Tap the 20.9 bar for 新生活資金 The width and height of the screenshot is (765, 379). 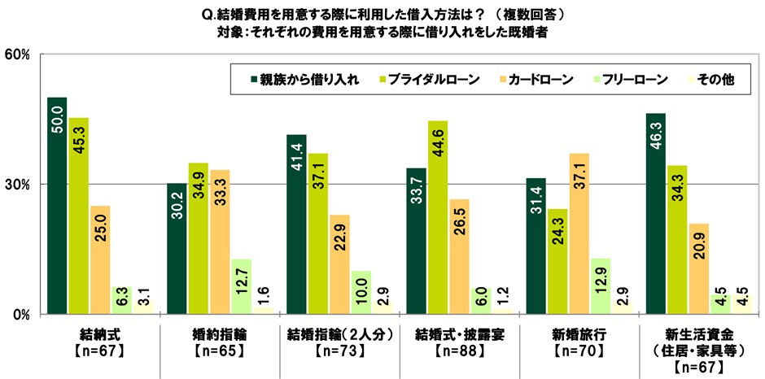pyautogui.click(x=698, y=268)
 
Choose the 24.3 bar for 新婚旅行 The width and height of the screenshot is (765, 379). pyautogui.click(x=557, y=261)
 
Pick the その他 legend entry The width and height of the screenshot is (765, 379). pyautogui.click(x=713, y=80)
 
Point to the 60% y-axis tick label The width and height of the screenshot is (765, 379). pyautogui.click(x=17, y=54)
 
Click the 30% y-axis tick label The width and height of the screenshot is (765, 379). pyautogui.click(x=17, y=185)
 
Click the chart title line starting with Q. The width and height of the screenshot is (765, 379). pyautogui.click(x=382, y=15)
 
